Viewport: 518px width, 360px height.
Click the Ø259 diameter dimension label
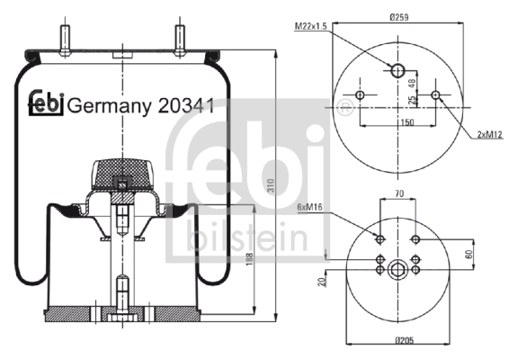[x=398, y=17]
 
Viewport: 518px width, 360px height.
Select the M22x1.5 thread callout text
[x=310, y=26]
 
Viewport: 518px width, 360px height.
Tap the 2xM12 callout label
[x=489, y=134]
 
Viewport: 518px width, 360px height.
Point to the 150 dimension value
[x=407, y=122]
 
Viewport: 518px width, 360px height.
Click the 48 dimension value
[x=412, y=84]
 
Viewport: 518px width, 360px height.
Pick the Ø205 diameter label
[x=405, y=339]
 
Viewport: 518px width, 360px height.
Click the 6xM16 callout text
[x=309, y=207]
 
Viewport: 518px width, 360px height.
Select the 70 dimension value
[x=399, y=193]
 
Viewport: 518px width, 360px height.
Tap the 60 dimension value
[x=469, y=254]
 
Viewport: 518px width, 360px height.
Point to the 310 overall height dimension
[x=271, y=185]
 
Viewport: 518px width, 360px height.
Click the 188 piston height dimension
[x=249, y=259]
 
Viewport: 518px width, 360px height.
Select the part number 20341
[x=185, y=106]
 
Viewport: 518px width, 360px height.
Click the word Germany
[x=110, y=107]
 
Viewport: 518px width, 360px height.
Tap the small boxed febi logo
[x=46, y=103]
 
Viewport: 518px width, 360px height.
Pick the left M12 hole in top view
[x=360, y=95]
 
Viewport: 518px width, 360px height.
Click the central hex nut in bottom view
[x=397, y=270]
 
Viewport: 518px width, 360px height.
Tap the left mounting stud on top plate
[x=65, y=40]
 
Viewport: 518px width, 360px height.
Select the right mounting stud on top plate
[x=179, y=40]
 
